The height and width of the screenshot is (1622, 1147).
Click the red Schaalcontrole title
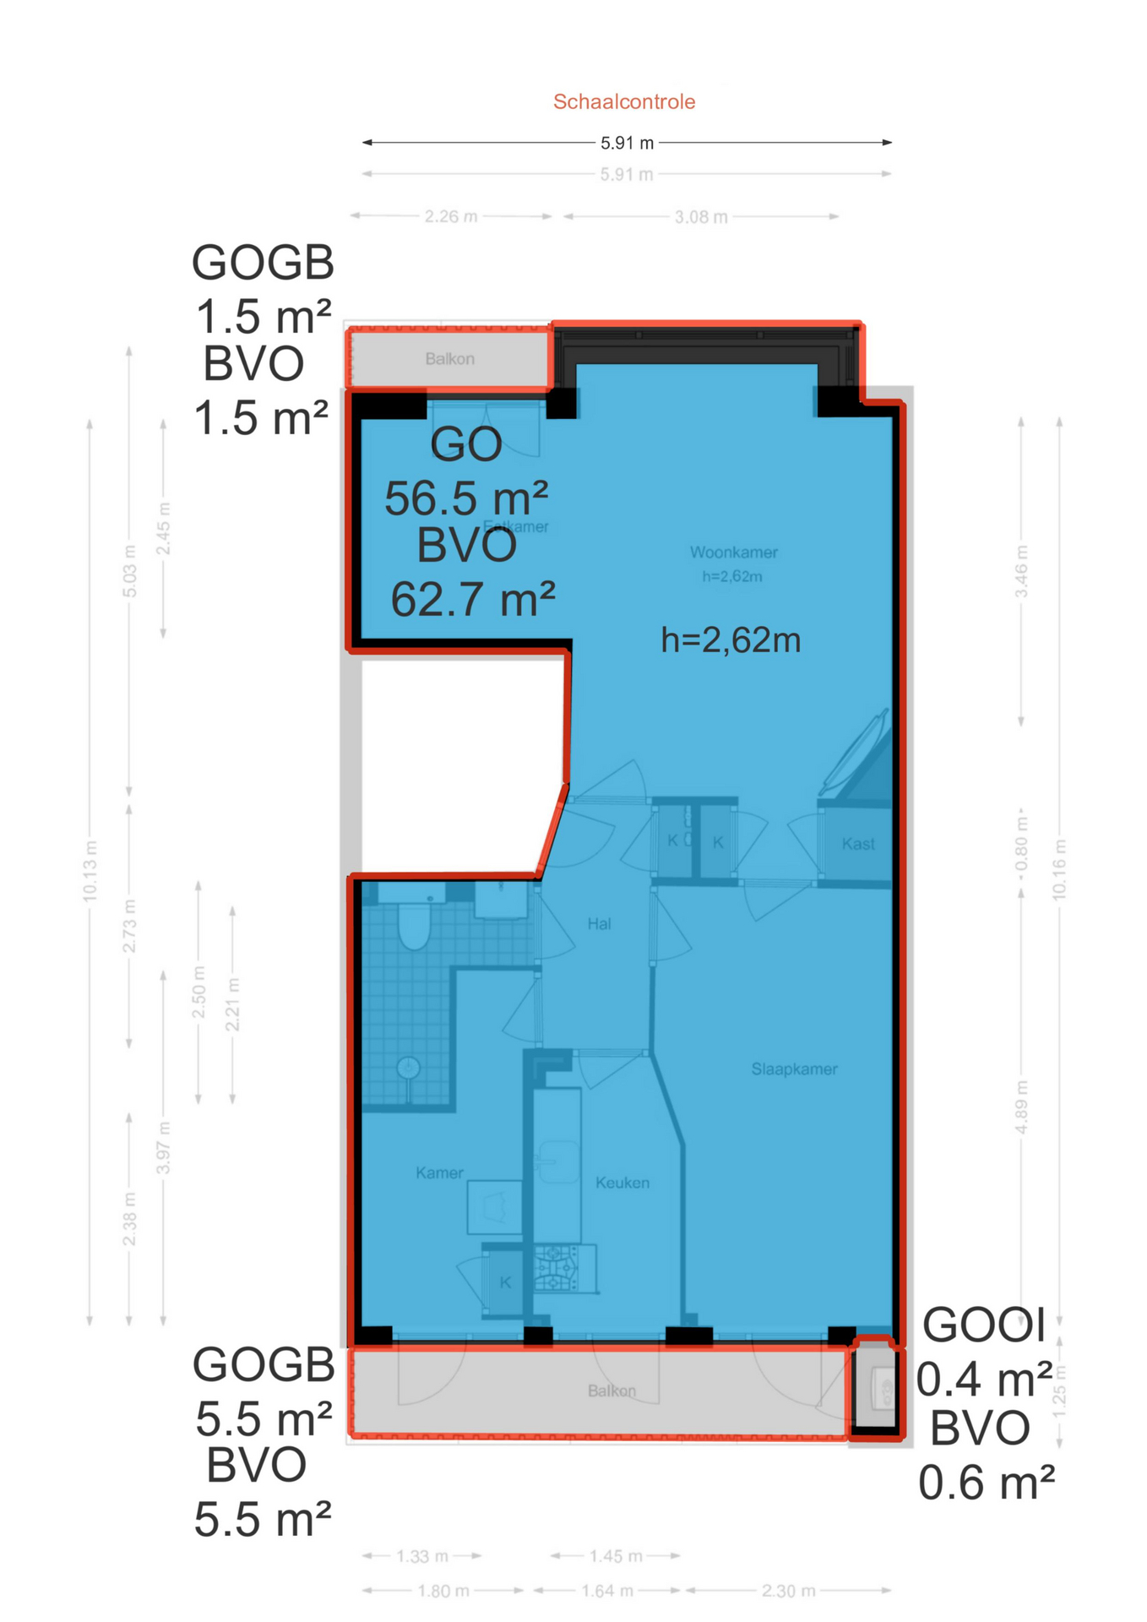624,102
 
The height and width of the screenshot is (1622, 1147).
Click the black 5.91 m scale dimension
627,143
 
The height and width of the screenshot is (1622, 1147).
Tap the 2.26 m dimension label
451,217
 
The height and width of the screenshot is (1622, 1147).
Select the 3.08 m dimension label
700,218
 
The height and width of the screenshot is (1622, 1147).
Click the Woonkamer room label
733,552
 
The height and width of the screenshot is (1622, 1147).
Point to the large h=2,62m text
730,640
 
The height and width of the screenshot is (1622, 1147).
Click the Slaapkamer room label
794,1070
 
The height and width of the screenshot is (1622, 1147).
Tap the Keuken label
622,1183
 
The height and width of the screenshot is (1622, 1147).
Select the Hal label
599,924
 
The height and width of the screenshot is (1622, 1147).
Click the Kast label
858,844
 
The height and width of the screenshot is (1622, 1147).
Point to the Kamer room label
439,1173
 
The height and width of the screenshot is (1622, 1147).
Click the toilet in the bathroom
414,925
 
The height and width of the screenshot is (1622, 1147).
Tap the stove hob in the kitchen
556,1269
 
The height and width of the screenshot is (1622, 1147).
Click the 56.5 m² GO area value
466,498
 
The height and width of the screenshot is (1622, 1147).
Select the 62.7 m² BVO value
472,600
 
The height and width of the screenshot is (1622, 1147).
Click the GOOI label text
984,1325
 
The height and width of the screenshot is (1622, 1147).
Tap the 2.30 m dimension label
788,1592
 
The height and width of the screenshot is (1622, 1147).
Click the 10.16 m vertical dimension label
1060,870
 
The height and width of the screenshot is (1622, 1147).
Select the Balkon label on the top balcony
449,359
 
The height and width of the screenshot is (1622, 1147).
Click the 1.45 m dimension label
615,1556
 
